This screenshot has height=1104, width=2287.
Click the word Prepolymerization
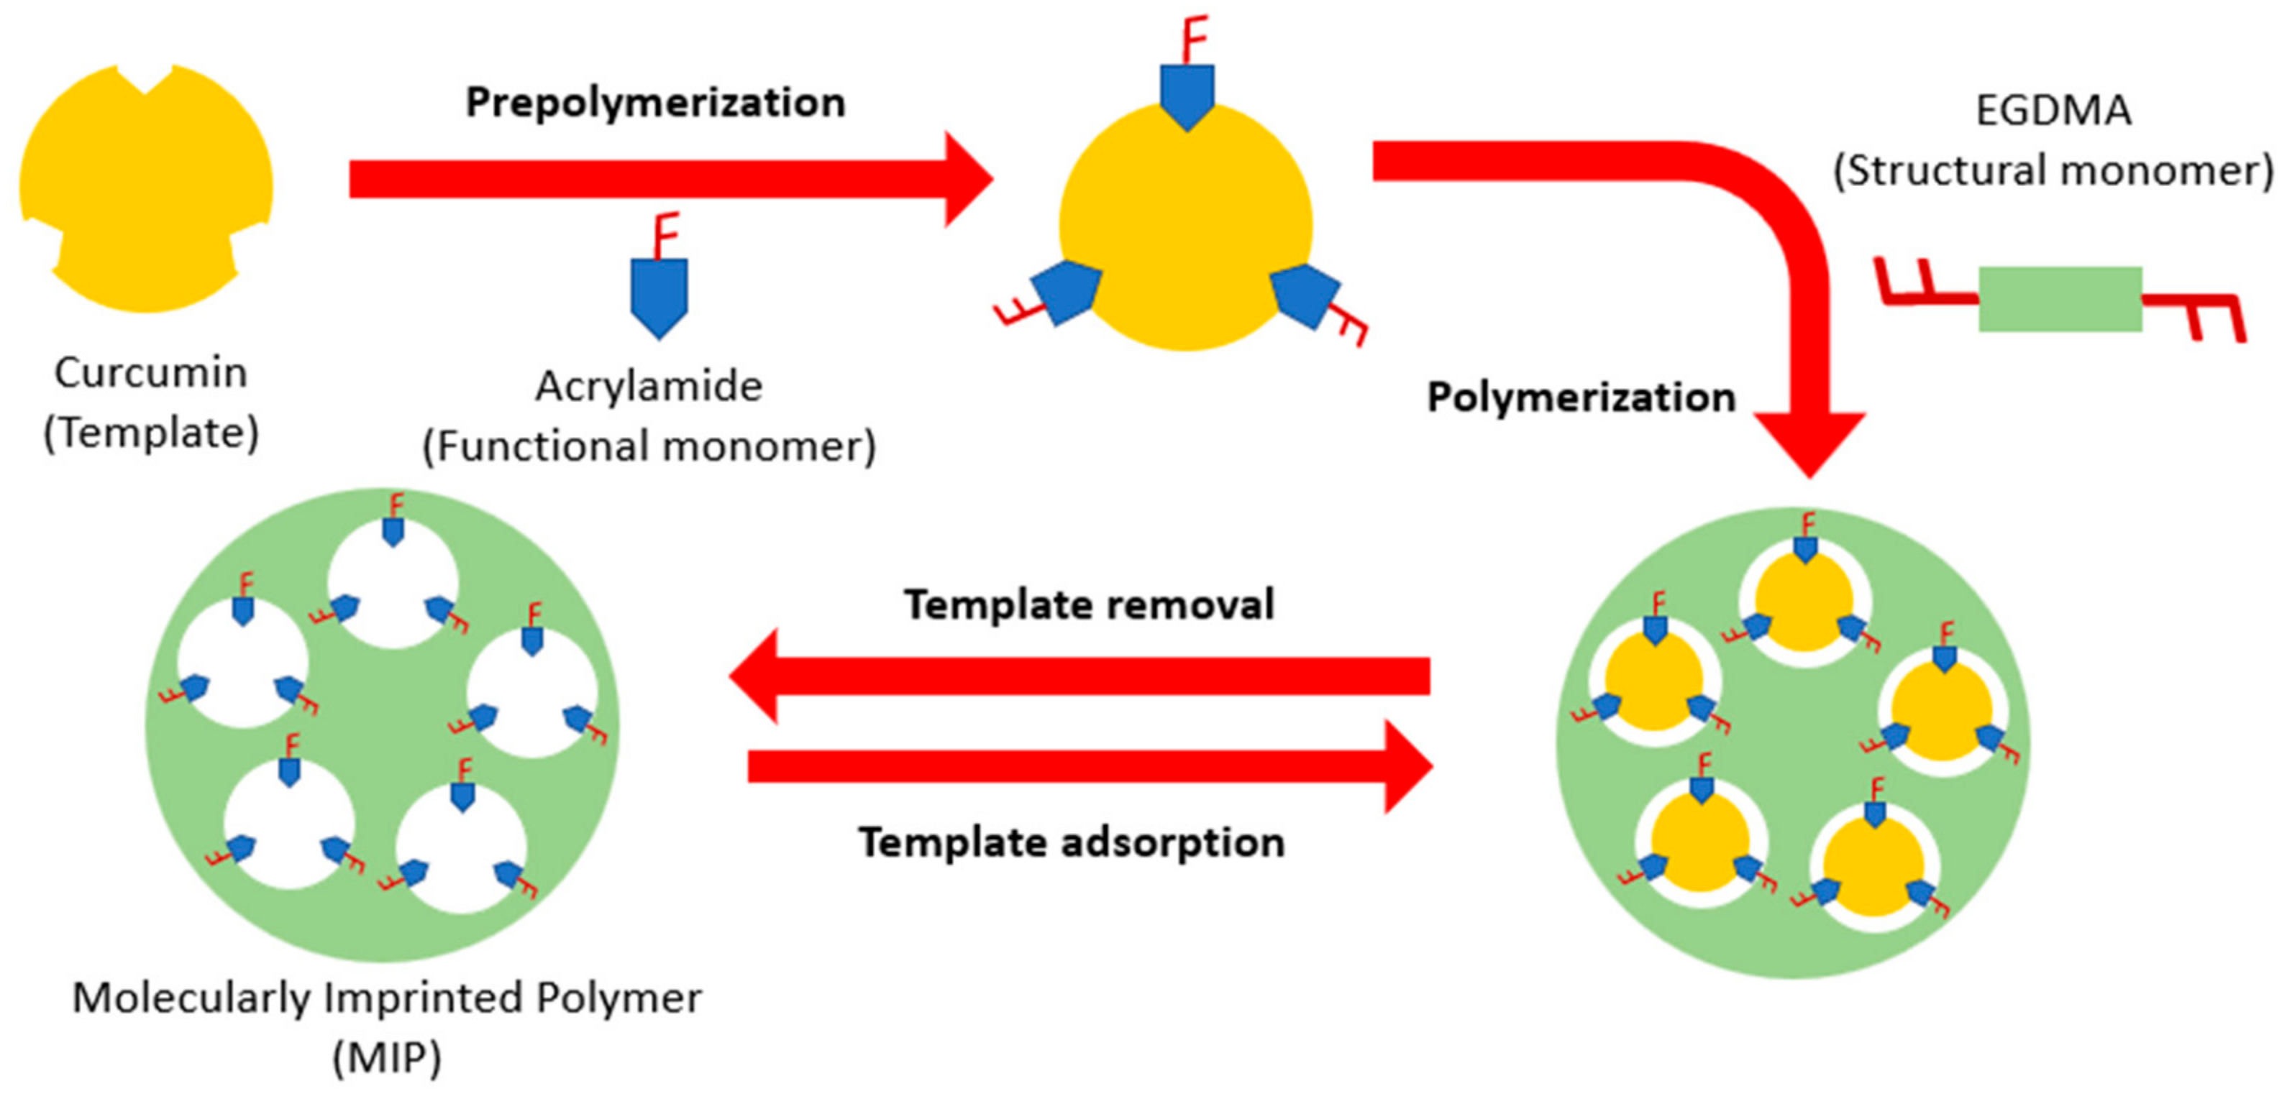pos(655,103)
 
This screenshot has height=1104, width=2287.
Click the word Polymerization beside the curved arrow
pos(1580,397)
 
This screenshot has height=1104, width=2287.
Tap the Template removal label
pos(1090,604)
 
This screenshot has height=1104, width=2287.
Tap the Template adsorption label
pos(1072,842)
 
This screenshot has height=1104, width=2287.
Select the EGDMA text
pos(2053,111)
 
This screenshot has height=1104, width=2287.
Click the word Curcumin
pos(151,373)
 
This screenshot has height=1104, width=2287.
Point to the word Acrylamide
pos(649,387)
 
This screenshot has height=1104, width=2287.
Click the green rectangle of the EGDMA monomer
pos(2060,299)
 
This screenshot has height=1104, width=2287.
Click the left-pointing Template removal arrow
pos(1079,676)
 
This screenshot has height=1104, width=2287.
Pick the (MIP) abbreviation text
pos(387,1058)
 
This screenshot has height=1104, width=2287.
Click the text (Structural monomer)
pos(2053,170)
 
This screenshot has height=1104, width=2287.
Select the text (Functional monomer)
pos(649,446)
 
